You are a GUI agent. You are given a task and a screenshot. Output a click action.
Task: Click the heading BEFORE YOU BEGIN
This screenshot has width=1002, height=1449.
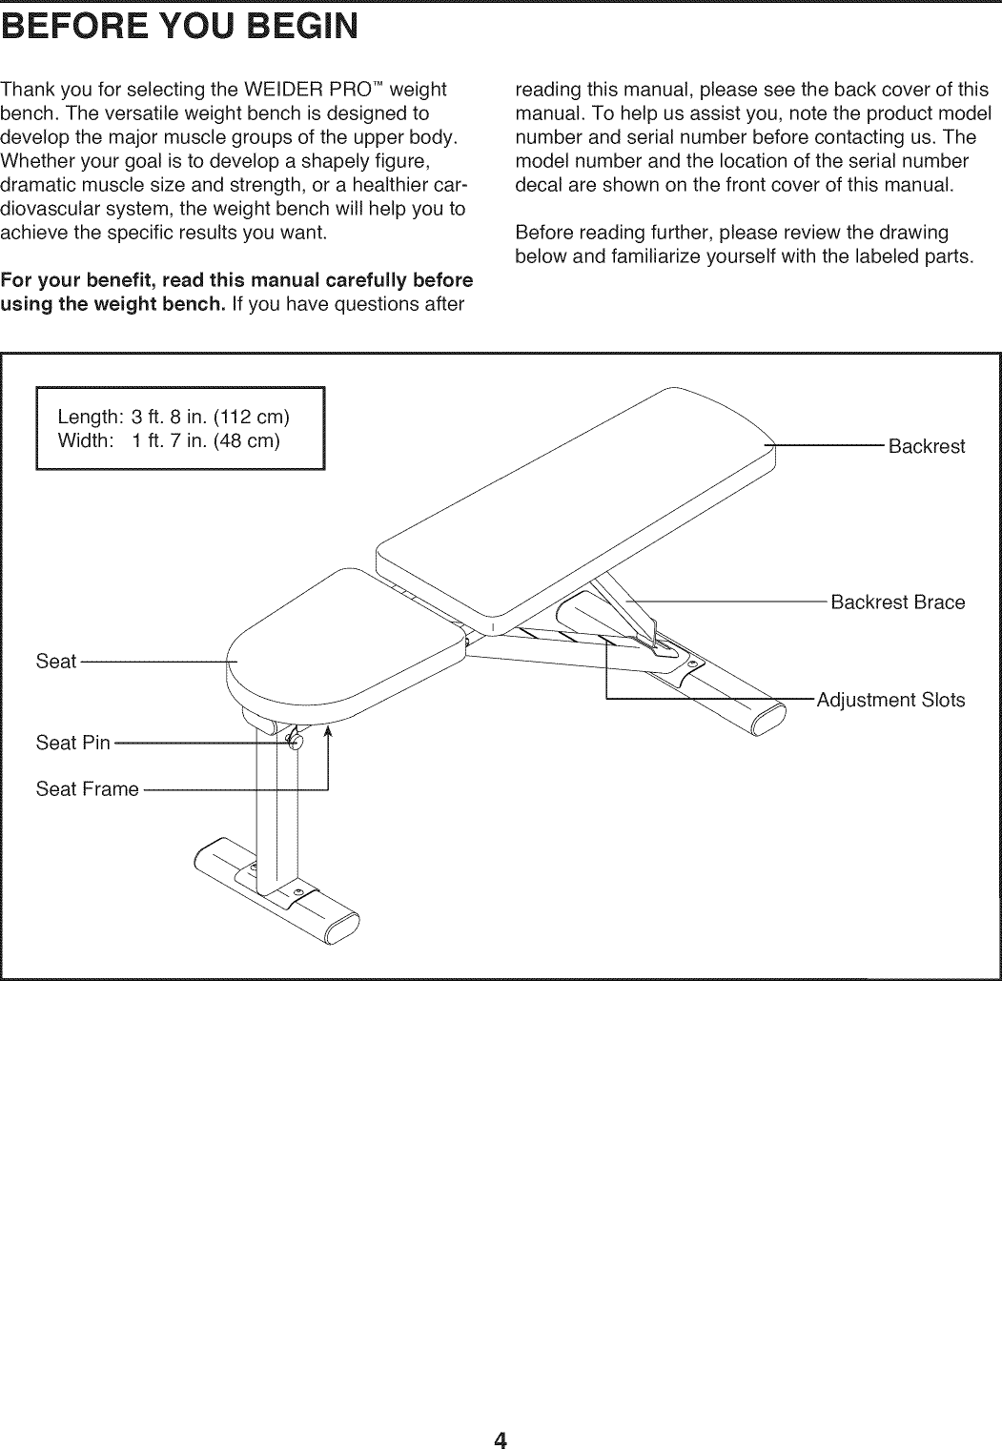coord(180,25)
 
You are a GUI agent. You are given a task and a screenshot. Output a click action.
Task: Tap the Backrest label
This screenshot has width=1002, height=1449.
coord(926,447)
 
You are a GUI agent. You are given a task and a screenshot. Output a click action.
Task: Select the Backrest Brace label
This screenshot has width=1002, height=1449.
coord(897,602)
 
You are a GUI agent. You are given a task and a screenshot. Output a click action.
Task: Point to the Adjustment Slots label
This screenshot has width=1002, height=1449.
coord(890,701)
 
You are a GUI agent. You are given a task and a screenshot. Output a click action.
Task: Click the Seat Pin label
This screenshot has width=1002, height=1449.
coord(73,743)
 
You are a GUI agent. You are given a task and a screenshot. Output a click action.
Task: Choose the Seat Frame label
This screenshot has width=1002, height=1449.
coord(87,789)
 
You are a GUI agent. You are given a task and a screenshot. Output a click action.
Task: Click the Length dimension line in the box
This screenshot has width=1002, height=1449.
coord(174,418)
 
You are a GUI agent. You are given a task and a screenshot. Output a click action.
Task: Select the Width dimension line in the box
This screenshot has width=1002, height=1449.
coord(169,440)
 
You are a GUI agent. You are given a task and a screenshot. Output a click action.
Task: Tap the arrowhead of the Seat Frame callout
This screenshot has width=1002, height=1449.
coord(327,731)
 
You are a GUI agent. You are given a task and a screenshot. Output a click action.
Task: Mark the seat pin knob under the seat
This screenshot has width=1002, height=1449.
coord(295,742)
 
